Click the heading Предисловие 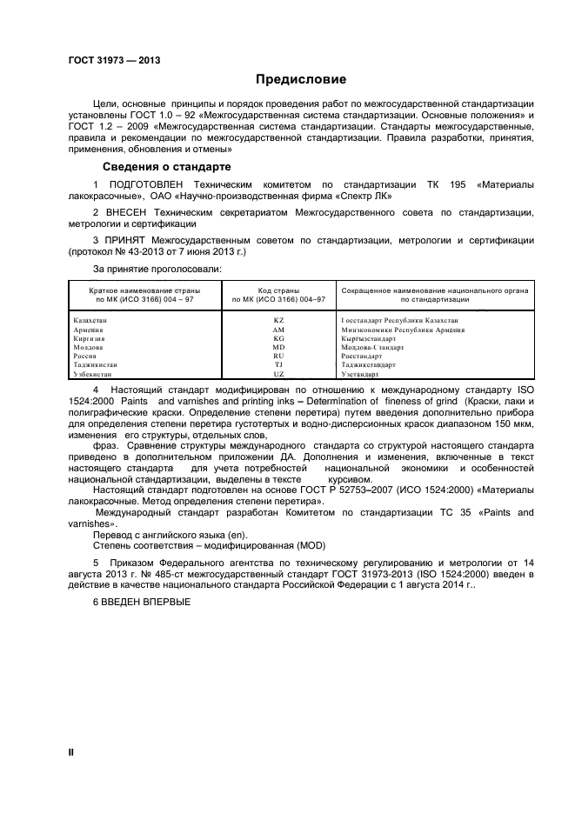300,79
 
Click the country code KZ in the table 278,321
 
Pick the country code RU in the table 278,356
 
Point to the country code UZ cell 278,373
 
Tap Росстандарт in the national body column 362,356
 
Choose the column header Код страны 278,290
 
